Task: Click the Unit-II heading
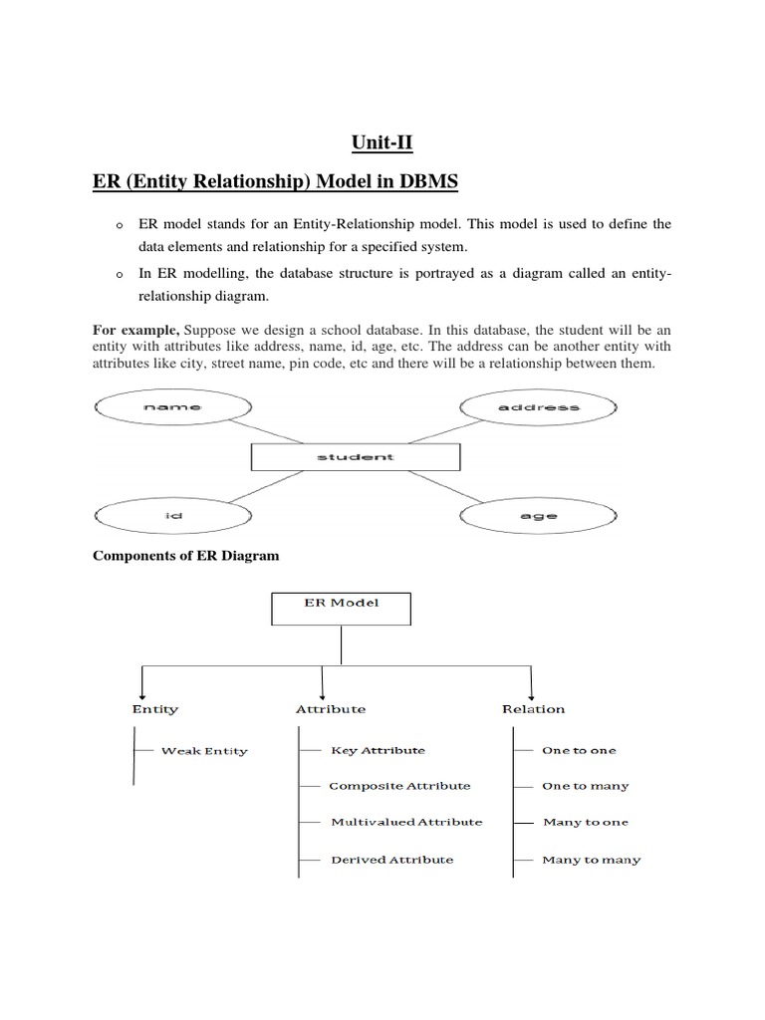(382, 143)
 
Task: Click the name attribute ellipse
(172, 407)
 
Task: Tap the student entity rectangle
(356, 457)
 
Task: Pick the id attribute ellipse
(172, 516)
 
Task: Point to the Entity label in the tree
(155, 709)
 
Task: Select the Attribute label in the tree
(331, 709)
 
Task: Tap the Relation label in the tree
(533, 709)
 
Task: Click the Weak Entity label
(204, 751)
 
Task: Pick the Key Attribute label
(378, 750)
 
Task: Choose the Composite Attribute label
(399, 786)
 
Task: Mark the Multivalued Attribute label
(406, 822)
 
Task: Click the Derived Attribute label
(391, 860)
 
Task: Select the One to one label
(579, 750)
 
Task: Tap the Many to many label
(592, 860)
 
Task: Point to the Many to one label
(586, 823)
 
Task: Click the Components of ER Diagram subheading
(186, 556)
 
